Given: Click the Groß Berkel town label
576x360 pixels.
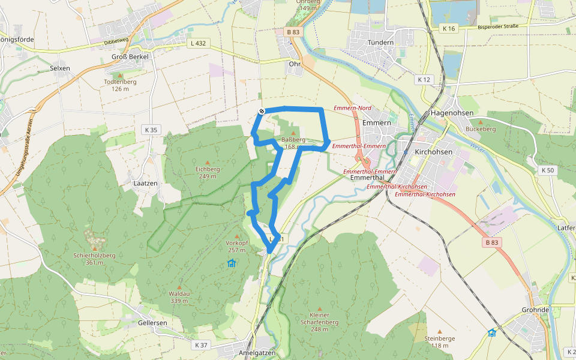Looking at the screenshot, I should coord(130,56).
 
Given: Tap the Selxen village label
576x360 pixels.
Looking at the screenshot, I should coord(60,68).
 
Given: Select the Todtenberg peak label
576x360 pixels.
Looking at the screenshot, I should coord(116,82).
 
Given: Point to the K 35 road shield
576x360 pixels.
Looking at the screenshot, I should coord(151,130).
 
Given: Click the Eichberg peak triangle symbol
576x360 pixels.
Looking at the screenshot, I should coord(208,162).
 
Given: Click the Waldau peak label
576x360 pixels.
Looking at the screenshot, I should coord(179,293).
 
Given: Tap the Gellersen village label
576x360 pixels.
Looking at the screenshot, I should coord(153,322).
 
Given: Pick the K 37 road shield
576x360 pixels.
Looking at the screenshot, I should coord(201,345).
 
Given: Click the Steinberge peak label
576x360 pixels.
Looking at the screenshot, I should coord(440,338).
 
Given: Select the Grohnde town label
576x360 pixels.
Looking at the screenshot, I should coord(536,310).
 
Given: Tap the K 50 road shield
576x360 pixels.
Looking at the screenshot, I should coord(547,170).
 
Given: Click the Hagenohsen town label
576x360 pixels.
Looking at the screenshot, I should coord(452,113).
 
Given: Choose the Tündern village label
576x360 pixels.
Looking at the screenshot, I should coord(380,43).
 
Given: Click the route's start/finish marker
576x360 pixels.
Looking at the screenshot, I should coord(262,111).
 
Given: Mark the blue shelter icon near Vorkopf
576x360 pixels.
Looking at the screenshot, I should coord(232,263).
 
